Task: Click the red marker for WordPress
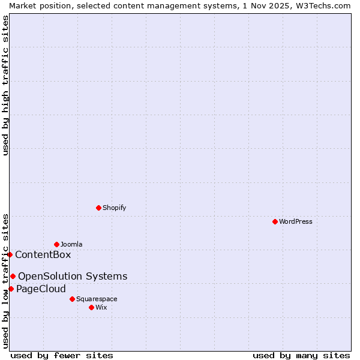click(275, 221)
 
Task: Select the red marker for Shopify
click(98, 208)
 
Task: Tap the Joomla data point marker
click(56, 244)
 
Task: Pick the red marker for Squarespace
click(72, 299)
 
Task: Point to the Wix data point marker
click(91, 307)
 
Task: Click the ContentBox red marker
click(10, 254)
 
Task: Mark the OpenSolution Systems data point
click(13, 276)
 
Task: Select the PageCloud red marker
click(11, 289)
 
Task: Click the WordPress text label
click(296, 221)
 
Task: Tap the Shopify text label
click(115, 208)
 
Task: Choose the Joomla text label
click(71, 244)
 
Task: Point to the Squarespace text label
click(97, 299)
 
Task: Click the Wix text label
click(101, 307)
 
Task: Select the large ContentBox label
click(43, 254)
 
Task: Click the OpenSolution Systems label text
click(73, 276)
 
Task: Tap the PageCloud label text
click(41, 289)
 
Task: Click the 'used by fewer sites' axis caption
click(62, 355)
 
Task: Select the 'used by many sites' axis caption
click(301, 355)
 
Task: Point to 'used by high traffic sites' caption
click(5, 85)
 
